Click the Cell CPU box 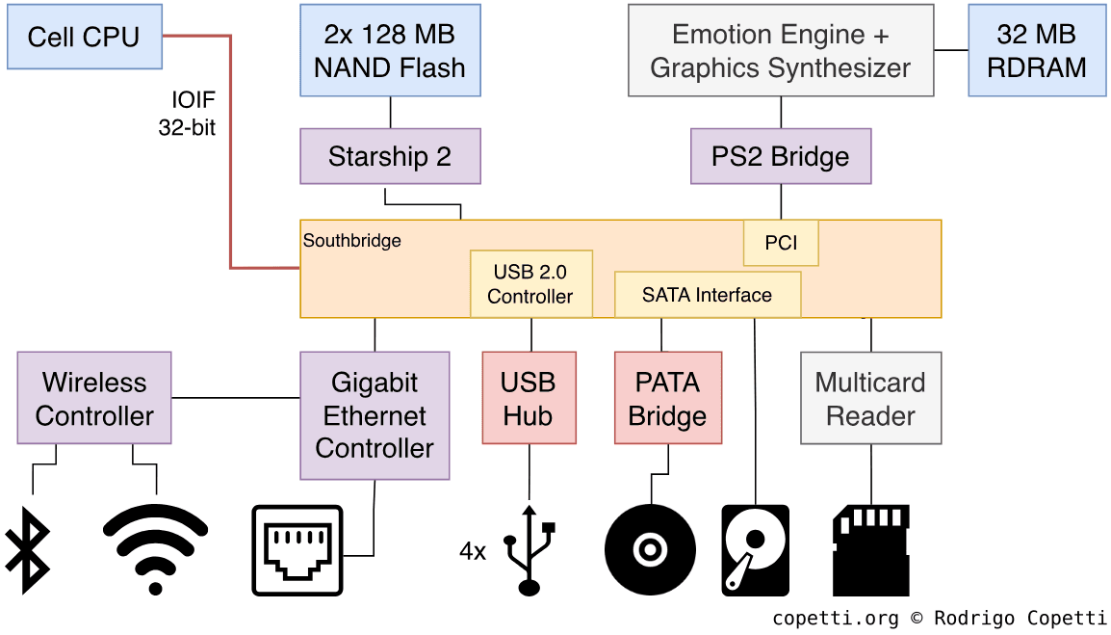click(84, 38)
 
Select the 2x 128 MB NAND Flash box click(390, 51)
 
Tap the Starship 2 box click(390, 157)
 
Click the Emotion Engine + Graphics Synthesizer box click(781, 51)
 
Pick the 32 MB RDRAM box click(1036, 51)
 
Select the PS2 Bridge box click(781, 157)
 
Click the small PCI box click(781, 243)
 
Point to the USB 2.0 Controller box click(530, 284)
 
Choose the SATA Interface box click(708, 295)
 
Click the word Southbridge click(352, 241)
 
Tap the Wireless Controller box click(94, 398)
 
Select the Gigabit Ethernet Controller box click(375, 415)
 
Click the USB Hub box click(529, 398)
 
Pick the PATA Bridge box click(667, 398)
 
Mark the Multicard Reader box click(870, 398)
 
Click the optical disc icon click(650, 550)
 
